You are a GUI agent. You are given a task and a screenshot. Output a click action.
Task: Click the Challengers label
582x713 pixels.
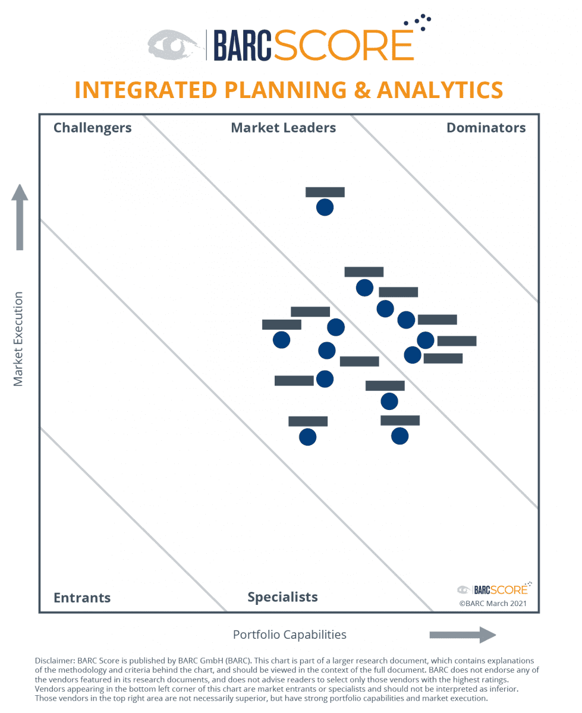[92, 128]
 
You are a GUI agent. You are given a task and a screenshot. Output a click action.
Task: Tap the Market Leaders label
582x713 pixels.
[283, 128]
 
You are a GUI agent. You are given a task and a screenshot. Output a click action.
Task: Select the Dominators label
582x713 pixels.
[486, 128]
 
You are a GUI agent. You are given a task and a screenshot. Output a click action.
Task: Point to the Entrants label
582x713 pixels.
[82, 598]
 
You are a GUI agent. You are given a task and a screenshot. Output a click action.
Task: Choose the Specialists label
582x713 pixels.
[282, 597]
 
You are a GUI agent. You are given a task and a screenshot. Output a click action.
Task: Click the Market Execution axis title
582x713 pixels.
[18, 339]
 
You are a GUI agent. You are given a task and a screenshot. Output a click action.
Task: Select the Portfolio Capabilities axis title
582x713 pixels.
[290, 635]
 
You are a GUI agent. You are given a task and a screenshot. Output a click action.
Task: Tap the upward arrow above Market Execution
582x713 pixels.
[20, 217]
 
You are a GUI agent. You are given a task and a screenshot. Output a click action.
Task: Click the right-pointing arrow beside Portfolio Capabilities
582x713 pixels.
[463, 635]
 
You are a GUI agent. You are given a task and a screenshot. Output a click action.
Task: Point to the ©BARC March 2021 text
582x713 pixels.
[492, 603]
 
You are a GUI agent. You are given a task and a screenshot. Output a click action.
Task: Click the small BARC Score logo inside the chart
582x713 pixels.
[494, 589]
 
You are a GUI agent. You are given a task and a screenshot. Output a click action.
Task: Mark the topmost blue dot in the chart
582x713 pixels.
[325, 207]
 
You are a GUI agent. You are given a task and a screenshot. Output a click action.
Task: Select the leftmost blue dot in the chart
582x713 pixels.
[281, 340]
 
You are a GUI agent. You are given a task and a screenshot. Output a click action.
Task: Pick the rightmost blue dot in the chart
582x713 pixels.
[425, 340]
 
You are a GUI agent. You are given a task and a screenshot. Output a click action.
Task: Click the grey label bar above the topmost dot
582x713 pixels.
[325, 192]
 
